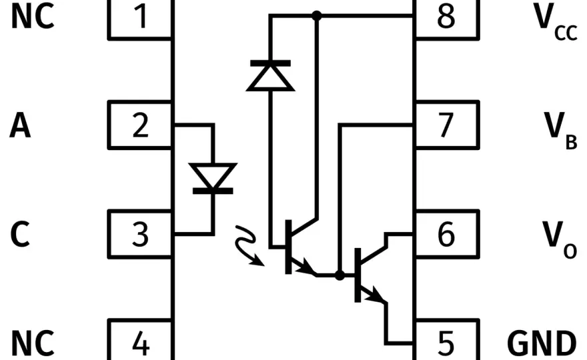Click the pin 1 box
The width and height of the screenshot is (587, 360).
pos(140,19)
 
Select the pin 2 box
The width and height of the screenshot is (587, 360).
pos(140,125)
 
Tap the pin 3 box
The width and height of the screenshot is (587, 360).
pos(140,234)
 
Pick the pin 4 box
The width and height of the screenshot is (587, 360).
pos(140,340)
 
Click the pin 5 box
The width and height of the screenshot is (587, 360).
pos(447,340)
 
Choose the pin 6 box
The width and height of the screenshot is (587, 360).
pos(447,234)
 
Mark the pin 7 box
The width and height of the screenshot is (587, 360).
pos(447,125)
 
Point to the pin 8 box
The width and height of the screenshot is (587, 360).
pos(447,19)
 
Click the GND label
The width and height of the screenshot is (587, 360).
pos(542,343)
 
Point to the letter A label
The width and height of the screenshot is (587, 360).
pos(20,126)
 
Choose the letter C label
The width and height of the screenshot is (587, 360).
pos(20,234)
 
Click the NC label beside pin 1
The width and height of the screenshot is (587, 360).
pos(33,16)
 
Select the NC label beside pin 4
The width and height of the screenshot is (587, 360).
pos(33,343)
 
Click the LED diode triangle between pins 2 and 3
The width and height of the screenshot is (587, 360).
pos(213,175)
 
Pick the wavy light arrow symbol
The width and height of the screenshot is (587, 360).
pos(249,245)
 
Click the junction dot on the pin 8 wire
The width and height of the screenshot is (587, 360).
pos(317,16)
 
